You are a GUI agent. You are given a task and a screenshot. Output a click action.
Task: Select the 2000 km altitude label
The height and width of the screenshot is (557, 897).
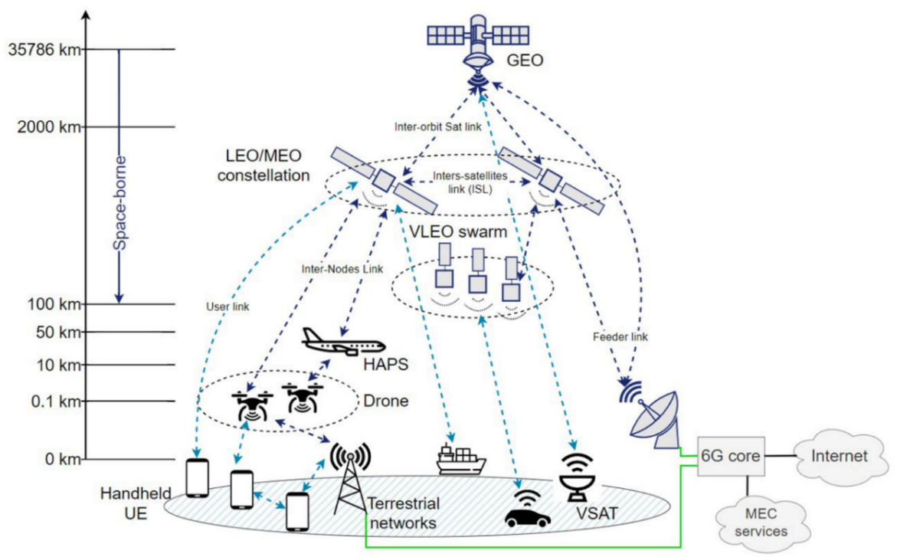(49, 127)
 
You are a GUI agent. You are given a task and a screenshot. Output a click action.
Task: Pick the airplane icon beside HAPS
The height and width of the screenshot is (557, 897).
(340, 342)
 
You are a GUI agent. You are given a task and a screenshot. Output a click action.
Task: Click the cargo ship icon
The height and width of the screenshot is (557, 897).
(460, 460)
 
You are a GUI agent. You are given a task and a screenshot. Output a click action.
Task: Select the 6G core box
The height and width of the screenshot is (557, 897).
(732, 457)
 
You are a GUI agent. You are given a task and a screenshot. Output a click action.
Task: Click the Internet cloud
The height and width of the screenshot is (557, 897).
(840, 457)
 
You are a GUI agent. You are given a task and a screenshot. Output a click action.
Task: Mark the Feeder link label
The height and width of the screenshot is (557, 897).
(620, 336)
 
